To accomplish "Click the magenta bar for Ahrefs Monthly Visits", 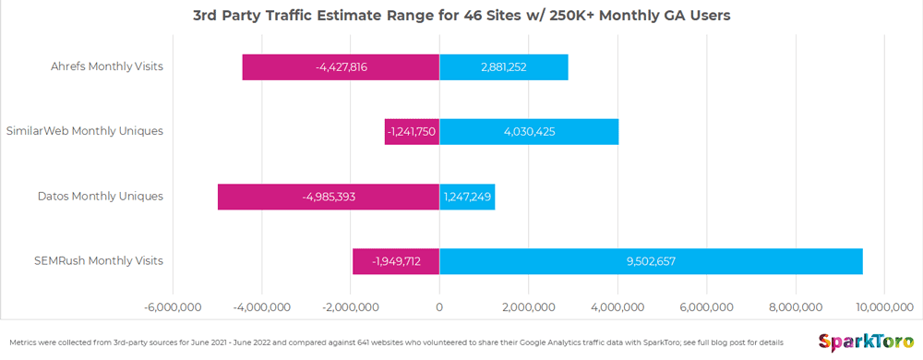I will pyautogui.click(x=341, y=67).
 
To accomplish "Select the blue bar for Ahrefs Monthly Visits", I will pyautogui.click(x=503, y=67).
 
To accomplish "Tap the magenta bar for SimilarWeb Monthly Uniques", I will pyautogui.click(x=412, y=132).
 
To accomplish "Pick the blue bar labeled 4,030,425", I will pyautogui.click(x=529, y=132).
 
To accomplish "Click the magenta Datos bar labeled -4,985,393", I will pyautogui.click(x=329, y=197).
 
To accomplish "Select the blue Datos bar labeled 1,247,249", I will pyautogui.click(x=467, y=197).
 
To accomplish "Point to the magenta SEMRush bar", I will pyautogui.click(x=396, y=261).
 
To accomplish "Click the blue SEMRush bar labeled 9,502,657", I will pyautogui.click(x=651, y=261).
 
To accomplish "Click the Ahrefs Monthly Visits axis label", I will pyautogui.click(x=107, y=66).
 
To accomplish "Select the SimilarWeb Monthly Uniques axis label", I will pyautogui.click(x=85, y=131).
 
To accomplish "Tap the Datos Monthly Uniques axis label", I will pyautogui.click(x=101, y=196).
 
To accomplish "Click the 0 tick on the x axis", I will pyautogui.click(x=439, y=306).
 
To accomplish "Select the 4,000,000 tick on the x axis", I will pyautogui.click(x=617, y=306).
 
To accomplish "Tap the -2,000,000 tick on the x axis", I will pyautogui.click(x=351, y=306).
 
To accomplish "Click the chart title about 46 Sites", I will pyautogui.click(x=461, y=15).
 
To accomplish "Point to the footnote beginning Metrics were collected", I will pyautogui.click(x=397, y=342).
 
